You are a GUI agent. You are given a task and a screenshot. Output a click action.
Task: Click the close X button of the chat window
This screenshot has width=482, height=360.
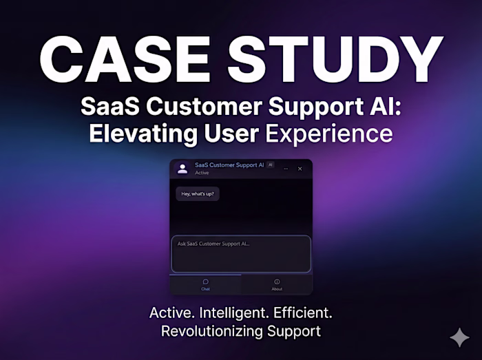(x=300, y=169)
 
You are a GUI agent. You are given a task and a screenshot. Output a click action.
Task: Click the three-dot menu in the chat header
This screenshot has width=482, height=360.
(x=286, y=169)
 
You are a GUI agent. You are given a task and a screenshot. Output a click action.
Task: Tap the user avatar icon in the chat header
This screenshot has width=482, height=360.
(x=182, y=169)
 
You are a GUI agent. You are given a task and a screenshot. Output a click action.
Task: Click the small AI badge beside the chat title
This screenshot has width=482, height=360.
(x=271, y=165)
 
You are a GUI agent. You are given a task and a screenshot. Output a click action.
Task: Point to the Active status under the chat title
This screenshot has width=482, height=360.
(x=202, y=173)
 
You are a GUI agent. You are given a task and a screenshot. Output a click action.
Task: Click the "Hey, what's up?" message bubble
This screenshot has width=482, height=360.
(x=198, y=194)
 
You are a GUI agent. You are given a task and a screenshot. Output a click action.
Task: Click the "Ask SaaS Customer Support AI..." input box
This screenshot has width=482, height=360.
(x=240, y=254)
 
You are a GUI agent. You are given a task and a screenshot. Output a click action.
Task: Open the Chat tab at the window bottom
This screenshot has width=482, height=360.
(x=205, y=284)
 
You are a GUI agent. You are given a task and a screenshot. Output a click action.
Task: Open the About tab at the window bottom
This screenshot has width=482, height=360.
(x=277, y=284)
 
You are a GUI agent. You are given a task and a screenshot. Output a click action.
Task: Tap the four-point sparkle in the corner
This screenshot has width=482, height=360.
(x=459, y=337)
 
